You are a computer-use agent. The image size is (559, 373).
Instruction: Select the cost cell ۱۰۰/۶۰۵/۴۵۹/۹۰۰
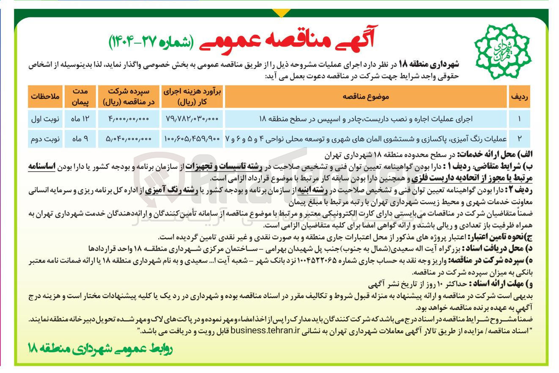click(x=190, y=138)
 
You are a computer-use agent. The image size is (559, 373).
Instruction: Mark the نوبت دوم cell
click(x=46, y=138)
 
